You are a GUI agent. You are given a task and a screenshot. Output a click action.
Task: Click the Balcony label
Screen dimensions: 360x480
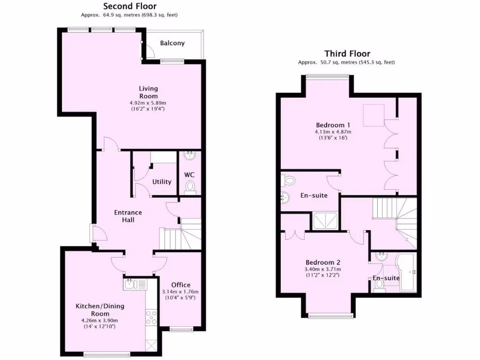172,43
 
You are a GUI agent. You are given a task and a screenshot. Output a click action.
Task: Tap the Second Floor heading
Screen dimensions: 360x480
130,7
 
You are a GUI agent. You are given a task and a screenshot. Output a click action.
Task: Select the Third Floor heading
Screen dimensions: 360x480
347,54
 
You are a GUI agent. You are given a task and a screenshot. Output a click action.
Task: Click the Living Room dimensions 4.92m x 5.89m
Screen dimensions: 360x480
148,103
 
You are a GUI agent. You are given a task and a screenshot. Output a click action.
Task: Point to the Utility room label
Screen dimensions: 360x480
162,182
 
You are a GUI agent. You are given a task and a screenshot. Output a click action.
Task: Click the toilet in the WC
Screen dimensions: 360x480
190,187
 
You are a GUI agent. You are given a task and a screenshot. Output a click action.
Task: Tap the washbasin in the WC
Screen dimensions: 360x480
189,156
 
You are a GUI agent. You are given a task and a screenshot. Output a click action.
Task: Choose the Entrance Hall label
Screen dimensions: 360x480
128,216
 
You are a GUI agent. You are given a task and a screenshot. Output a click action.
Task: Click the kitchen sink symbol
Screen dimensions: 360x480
135,284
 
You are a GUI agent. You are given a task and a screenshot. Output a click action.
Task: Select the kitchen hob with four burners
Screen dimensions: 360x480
152,317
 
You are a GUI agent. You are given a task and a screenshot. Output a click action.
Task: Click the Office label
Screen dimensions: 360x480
180,285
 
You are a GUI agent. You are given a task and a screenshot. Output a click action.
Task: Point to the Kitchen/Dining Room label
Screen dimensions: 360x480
100,310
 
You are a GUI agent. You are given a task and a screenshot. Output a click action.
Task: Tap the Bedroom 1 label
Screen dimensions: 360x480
333,125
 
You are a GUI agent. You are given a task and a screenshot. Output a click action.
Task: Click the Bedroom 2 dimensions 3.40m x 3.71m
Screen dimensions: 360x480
323,270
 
